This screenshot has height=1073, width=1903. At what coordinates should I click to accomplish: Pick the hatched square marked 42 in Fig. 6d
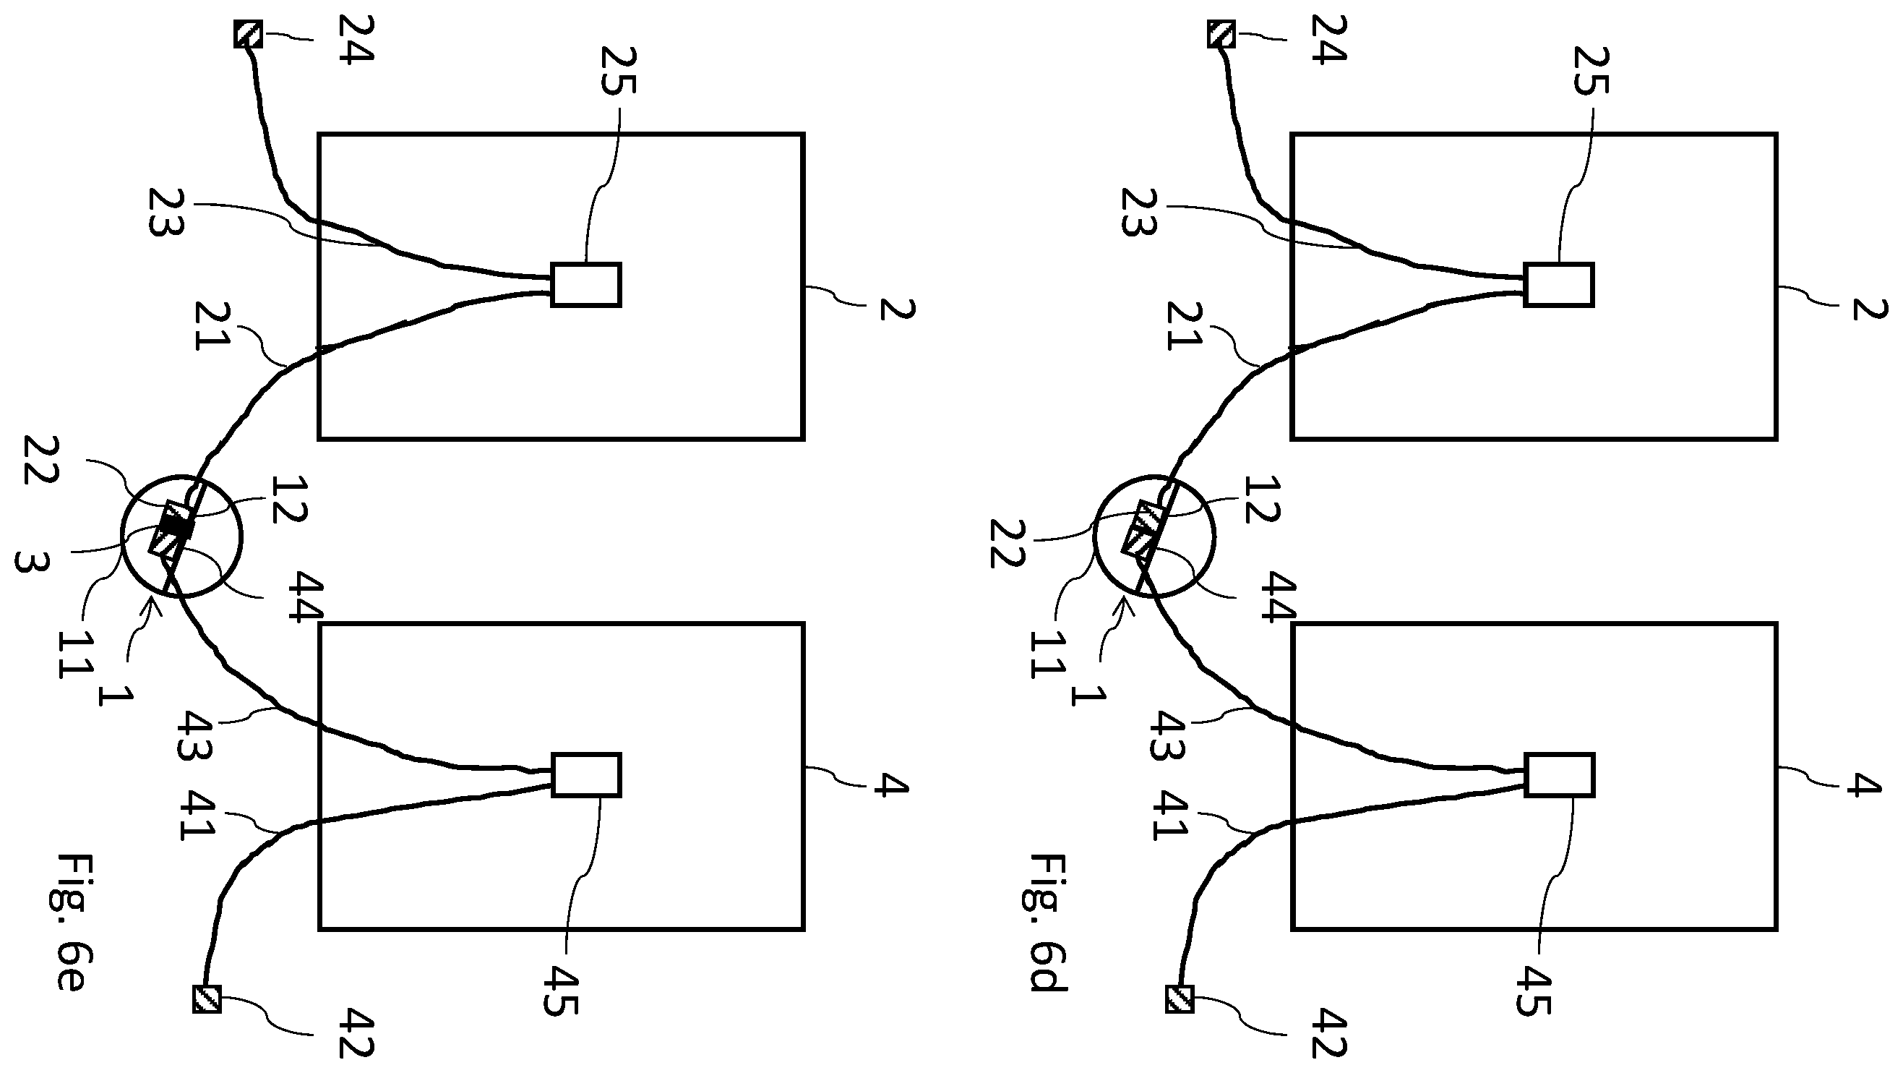(1180, 999)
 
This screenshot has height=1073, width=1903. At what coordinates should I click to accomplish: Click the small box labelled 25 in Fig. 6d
(1559, 284)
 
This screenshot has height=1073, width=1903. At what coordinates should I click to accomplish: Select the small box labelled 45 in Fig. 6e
(587, 775)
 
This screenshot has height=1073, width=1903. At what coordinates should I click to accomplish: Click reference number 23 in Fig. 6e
(166, 212)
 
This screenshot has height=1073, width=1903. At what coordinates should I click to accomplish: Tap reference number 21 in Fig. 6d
(1183, 326)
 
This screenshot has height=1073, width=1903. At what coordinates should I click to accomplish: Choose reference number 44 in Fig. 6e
(306, 597)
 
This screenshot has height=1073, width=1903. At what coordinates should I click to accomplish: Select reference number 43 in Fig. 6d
(1168, 735)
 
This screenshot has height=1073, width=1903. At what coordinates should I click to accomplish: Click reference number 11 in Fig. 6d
(1045, 655)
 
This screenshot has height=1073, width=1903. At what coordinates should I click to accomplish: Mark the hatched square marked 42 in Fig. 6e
(207, 999)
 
